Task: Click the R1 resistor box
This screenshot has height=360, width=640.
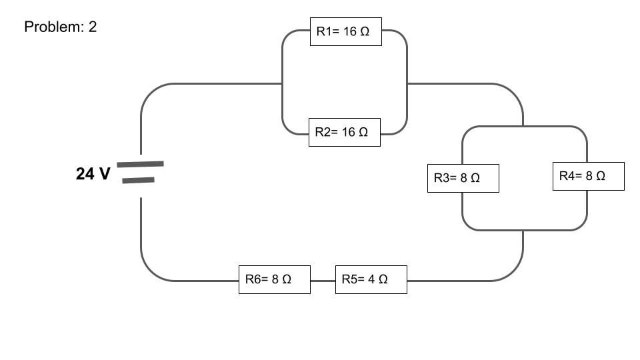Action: [345, 31]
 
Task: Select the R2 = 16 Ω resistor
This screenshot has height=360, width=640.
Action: [344, 132]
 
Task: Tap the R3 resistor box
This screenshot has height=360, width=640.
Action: [463, 178]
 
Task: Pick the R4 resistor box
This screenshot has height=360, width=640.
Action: [588, 176]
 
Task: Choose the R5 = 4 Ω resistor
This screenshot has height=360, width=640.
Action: [371, 279]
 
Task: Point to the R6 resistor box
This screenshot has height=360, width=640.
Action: [274, 279]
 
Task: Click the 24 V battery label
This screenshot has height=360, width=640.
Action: [93, 174]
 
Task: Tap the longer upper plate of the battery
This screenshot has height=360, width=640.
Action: [140, 163]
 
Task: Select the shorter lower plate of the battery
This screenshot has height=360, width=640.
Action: [139, 179]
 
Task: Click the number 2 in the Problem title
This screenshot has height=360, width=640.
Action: [93, 27]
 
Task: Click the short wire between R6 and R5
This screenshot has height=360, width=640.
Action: [323, 281]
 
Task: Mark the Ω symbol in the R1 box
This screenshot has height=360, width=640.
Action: [365, 32]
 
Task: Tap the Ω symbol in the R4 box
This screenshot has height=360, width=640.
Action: [600, 176]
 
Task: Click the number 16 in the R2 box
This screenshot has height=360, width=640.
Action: [349, 132]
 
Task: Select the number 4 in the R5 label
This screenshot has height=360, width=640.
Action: [371, 279]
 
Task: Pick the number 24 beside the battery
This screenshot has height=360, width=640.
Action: [85, 174]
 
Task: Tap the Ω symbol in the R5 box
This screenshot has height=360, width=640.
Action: [383, 279]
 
